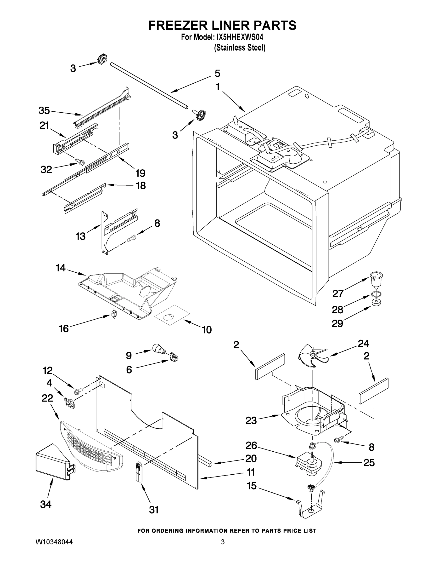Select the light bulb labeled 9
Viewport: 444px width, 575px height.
[x=158, y=349]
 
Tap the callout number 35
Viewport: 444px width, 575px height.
[x=44, y=110]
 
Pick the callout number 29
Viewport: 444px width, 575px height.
[x=337, y=323]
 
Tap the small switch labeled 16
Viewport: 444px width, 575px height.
[x=114, y=314]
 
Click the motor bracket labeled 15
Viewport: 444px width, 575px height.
[x=310, y=507]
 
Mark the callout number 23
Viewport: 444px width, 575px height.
[x=251, y=420]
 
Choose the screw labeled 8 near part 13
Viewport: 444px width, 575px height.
[x=131, y=239]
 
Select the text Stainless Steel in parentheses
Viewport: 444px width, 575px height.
[x=240, y=48]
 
